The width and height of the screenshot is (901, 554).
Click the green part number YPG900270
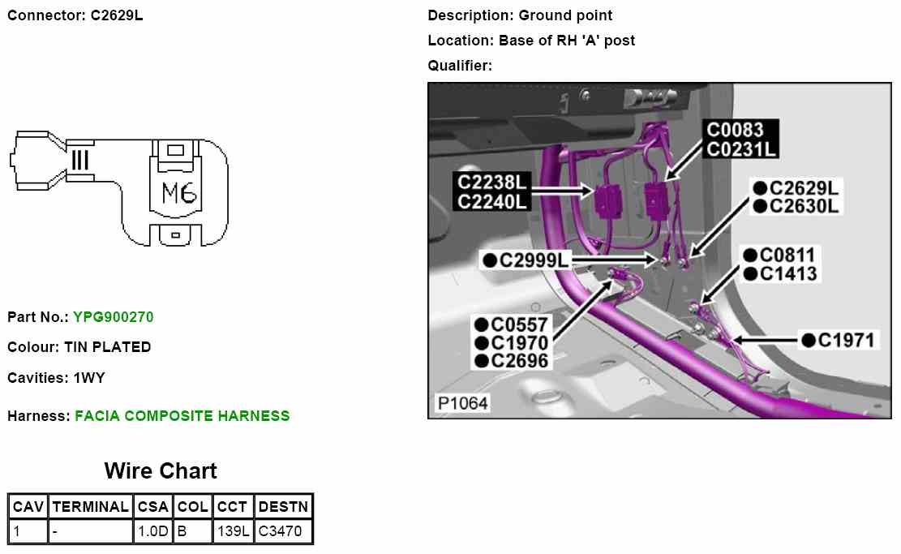[113, 317]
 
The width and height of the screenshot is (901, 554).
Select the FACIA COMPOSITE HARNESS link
[182, 416]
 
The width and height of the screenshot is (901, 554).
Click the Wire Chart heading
[161, 471]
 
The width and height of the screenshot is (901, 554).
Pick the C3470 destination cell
[282, 532]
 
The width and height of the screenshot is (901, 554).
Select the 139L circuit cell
[234, 532]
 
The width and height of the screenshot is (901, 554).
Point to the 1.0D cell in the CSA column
[152, 532]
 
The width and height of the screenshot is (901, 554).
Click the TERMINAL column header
[90, 507]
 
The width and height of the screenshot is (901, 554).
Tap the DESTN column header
[282, 507]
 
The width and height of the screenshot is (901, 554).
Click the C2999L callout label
[535, 260]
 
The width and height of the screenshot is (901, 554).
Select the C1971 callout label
[847, 340]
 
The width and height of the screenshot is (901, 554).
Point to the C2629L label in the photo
[804, 188]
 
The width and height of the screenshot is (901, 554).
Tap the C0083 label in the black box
[736, 131]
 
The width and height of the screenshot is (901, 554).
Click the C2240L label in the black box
[492, 201]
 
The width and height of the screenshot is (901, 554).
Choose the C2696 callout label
[519, 362]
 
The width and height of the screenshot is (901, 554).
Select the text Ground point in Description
[565, 15]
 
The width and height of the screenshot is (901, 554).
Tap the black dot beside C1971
[808, 340]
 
